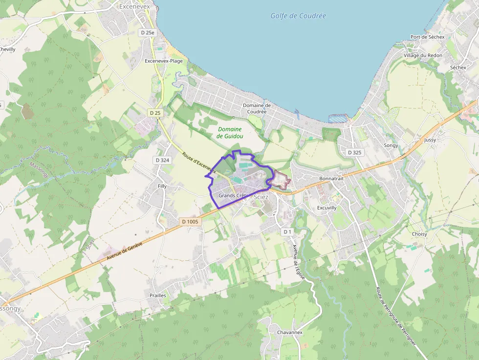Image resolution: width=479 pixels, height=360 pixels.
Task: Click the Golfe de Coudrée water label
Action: [298, 16]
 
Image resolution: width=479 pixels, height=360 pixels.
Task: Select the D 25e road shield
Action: [147, 33]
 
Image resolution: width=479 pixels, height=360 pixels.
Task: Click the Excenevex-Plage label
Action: [164, 61]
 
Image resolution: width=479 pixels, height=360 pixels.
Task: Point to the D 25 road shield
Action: [155, 113]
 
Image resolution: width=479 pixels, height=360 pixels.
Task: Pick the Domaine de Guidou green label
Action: [230, 132]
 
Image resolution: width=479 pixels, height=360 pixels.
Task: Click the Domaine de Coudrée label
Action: [257, 108]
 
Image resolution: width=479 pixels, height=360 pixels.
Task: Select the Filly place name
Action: [162, 186]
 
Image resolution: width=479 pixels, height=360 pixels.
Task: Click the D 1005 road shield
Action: [190, 222]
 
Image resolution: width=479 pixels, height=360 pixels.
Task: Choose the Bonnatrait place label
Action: [331, 179]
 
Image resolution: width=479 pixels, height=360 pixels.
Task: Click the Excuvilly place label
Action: [327, 208]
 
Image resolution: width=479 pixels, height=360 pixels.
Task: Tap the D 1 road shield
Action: [287, 232]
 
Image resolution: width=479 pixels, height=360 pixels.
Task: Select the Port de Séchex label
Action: [428, 37]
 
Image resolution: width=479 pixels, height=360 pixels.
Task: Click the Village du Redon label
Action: [423, 56]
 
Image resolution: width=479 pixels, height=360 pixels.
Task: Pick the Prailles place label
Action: [158, 296]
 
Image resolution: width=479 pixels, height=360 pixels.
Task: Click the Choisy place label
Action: [419, 234]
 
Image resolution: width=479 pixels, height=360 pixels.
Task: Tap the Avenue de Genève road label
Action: [124, 254]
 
